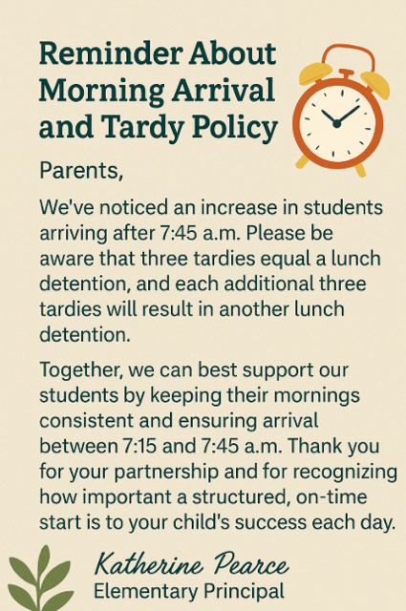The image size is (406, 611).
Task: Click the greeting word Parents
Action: click(82, 173)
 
